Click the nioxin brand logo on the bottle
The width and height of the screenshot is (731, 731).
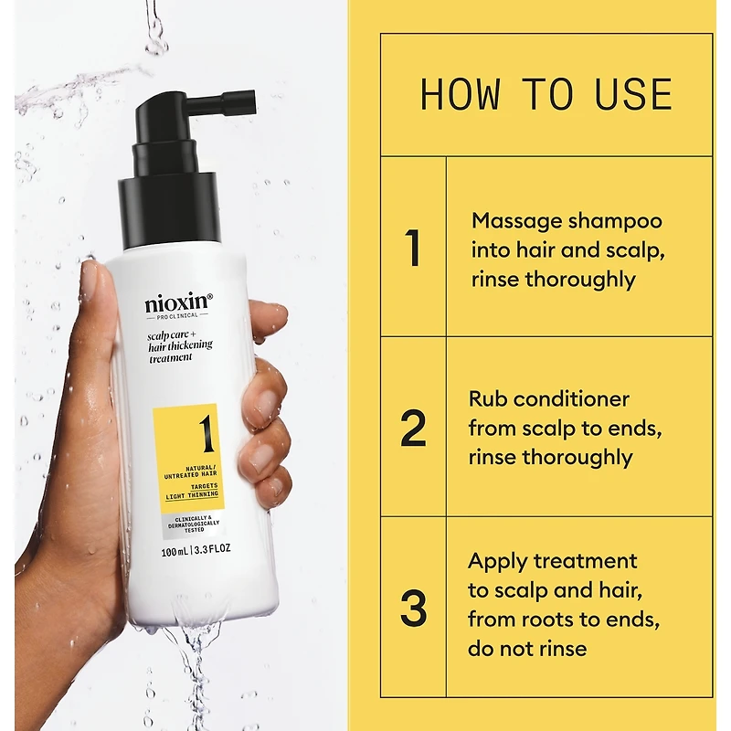(178, 303)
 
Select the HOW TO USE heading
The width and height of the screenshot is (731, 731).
(546, 95)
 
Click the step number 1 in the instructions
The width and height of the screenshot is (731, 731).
(413, 248)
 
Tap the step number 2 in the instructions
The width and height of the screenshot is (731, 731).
(413, 428)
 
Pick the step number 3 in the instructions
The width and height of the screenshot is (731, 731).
(414, 608)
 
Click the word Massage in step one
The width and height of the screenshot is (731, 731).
(517, 222)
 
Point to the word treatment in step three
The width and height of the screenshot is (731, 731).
(585, 561)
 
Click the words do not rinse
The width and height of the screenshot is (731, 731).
(527, 649)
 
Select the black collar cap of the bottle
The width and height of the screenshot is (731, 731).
(170, 210)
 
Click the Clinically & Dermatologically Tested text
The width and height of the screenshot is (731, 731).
(194, 524)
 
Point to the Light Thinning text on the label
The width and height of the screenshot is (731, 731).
(192, 495)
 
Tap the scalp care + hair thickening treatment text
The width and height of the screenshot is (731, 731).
(180, 346)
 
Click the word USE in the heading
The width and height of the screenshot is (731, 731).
(633, 95)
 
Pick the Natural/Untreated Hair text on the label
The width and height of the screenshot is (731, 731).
(190, 471)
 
